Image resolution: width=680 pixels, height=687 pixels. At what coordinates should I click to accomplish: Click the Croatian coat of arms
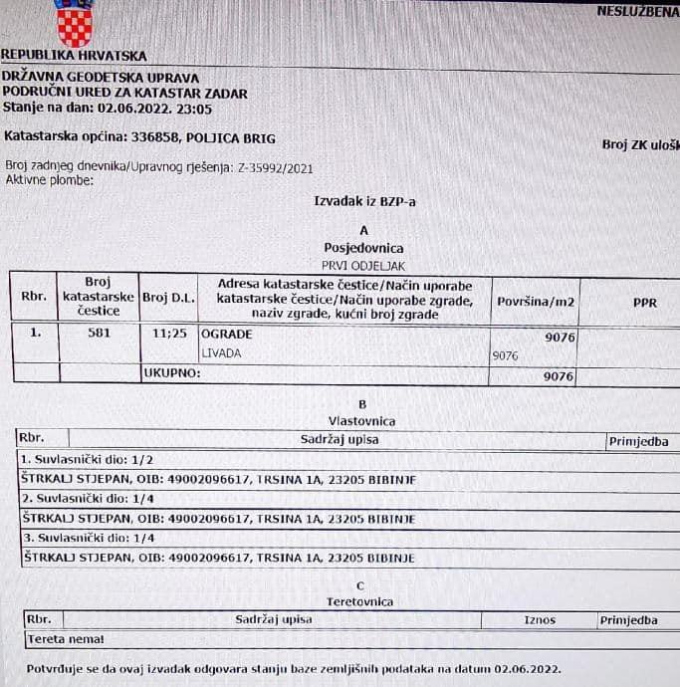coord(74,24)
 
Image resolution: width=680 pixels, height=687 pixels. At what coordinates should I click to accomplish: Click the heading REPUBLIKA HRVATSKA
coord(74,56)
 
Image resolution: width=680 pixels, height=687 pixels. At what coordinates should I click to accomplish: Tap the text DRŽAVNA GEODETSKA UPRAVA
coord(100,78)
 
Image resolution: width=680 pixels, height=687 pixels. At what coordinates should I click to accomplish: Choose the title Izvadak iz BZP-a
coord(364,201)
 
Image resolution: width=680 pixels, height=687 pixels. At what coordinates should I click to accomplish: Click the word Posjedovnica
coord(363,247)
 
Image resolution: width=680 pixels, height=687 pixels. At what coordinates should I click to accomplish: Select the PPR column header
coord(644,301)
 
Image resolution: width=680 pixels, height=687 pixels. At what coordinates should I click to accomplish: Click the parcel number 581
coord(98,334)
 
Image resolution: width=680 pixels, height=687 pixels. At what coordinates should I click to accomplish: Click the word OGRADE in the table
coord(227,335)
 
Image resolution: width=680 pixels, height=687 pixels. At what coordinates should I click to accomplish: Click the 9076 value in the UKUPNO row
coord(559,376)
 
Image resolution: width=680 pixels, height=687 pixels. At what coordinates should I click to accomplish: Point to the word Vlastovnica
coord(362,421)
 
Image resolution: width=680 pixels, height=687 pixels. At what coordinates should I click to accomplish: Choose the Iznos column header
coord(539,620)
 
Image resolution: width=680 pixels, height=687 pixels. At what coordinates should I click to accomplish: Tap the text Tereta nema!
coord(66,639)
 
